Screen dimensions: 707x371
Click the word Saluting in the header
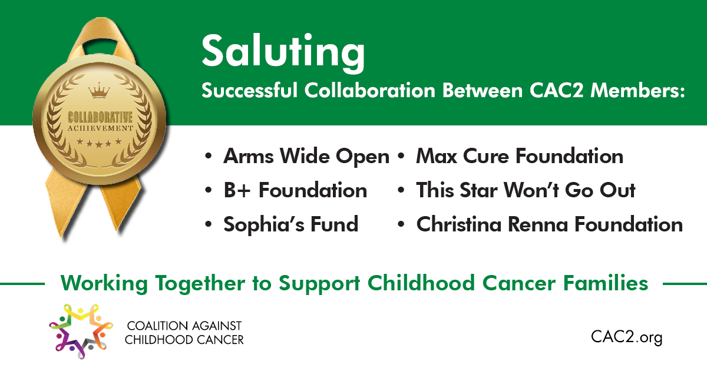coord(283,52)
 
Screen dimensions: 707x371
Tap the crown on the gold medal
coord(99,91)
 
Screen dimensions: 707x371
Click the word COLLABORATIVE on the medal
coord(100,117)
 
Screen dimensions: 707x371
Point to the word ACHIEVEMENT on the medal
coord(100,128)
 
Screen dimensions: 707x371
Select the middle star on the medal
coord(99,144)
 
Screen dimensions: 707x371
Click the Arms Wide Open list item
coord(306,157)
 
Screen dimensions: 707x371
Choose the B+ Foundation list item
coord(295,190)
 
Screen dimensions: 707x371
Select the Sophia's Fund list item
coord(291,224)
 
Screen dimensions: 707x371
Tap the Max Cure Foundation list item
coord(520,156)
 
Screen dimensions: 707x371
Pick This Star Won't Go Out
coord(526,190)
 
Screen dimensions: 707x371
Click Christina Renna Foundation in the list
coord(550,224)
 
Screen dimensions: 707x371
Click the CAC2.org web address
coord(626,337)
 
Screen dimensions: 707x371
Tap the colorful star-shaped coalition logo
coord(81,331)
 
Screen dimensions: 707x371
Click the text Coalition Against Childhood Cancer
coord(184,333)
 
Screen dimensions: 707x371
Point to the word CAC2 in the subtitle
coord(556,91)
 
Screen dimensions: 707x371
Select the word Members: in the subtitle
coord(637,91)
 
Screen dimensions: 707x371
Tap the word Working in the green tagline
coord(104,283)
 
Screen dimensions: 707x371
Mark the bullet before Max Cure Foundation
coord(401,156)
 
